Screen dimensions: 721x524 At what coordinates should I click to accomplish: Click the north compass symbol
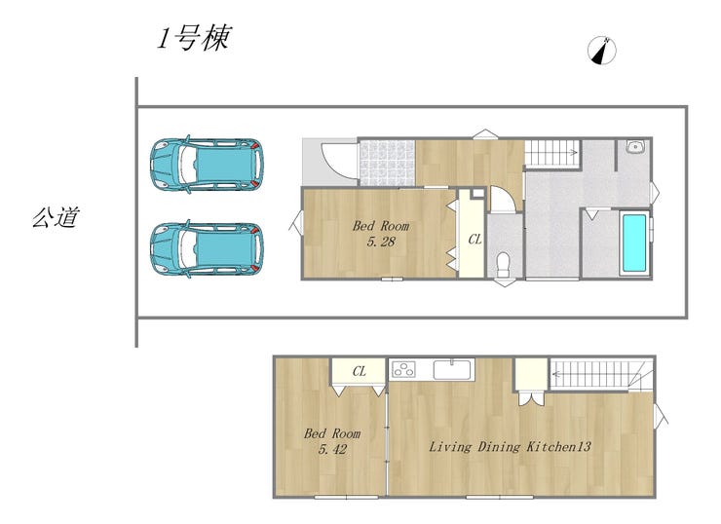[602, 50]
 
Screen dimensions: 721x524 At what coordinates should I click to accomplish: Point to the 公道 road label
[56, 216]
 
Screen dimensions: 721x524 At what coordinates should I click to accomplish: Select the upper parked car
[207, 164]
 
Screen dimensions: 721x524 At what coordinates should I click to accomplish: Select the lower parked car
[207, 249]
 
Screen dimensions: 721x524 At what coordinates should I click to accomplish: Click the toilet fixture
[504, 264]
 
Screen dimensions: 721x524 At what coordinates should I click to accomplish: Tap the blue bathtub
[634, 243]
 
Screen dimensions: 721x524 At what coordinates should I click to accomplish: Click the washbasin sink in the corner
[636, 147]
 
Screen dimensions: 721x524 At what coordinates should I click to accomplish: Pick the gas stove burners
[403, 369]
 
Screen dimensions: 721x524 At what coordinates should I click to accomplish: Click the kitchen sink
[452, 369]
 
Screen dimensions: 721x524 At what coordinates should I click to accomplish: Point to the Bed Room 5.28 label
[381, 234]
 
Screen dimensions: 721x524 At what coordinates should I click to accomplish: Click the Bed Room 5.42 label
[332, 441]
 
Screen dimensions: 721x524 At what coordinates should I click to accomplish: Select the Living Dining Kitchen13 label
[510, 446]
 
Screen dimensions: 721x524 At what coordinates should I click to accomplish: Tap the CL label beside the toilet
[474, 239]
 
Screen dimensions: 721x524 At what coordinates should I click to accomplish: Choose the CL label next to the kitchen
[360, 371]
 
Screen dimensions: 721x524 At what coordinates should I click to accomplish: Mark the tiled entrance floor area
[387, 163]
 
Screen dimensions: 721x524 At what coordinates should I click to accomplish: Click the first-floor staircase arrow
[551, 152]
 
